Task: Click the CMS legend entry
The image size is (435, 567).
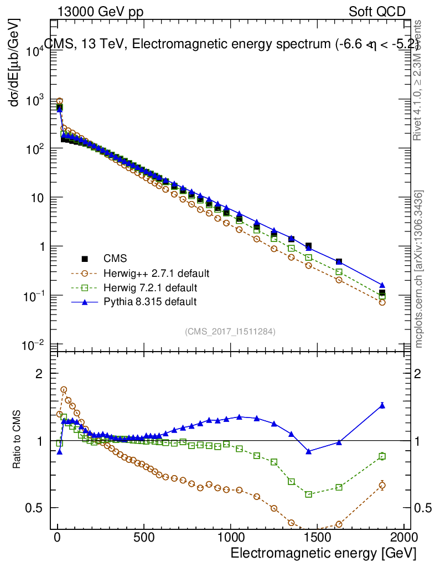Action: [x=115, y=259]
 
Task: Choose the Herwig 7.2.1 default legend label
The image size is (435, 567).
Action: [x=150, y=287]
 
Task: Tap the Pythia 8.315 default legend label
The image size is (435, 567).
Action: [x=150, y=302]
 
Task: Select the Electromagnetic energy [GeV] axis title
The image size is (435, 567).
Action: [x=323, y=553]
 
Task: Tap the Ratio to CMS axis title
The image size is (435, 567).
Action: [x=16, y=441]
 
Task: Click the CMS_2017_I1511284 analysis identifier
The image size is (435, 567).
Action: [x=230, y=331]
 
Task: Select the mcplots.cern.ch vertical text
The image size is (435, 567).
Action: [x=419, y=269]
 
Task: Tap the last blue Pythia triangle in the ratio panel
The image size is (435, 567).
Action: [x=382, y=405]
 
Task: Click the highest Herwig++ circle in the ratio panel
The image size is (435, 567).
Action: [x=64, y=390]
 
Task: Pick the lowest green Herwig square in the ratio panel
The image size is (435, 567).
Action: [x=309, y=494]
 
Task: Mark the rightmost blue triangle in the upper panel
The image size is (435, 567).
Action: [x=382, y=285]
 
